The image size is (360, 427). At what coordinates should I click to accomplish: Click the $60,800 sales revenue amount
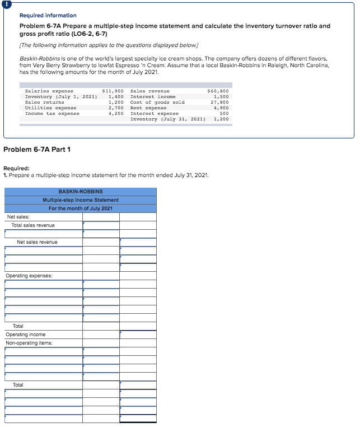(218, 91)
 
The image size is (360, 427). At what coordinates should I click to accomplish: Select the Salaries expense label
(49, 91)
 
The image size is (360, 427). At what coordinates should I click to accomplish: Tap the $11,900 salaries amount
(113, 91)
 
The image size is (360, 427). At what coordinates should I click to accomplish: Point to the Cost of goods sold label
(157, 103)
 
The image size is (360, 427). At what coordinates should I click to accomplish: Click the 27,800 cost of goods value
(219, 103)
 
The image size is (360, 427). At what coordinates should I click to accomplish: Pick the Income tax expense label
(53, 114)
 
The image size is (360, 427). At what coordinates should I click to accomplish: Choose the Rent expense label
(148, 108)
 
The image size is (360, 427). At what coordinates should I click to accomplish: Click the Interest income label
(153, 96)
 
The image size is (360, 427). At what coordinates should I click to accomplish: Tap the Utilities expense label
(51, 108)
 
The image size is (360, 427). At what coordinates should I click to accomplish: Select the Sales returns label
(46, 103)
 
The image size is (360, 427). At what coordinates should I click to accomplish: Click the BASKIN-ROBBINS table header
(81, 192)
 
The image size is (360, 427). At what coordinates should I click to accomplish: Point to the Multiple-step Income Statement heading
(81, 200)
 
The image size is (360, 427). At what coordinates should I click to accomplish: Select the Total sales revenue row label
(33, 225)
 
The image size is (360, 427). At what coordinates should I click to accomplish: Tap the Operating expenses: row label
(29, 276)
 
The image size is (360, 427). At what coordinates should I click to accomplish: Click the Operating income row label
(26, 335)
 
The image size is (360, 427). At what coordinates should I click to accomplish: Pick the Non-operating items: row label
(29, 343)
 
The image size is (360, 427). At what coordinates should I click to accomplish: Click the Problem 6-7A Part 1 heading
(37, 148)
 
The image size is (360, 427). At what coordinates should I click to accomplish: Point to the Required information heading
(48, 15)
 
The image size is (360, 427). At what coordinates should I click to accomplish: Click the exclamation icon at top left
(7, 3)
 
